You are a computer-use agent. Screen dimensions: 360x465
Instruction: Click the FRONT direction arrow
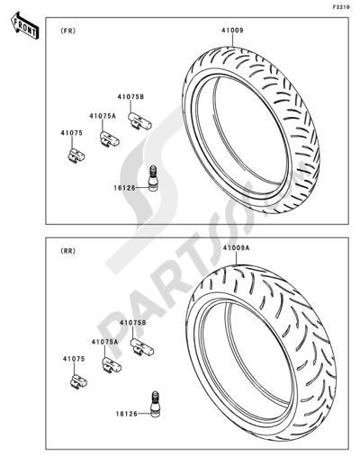(x=24, y=25)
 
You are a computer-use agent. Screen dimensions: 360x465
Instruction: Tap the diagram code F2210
(x=341, y=7)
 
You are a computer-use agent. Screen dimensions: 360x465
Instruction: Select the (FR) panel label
(x=68, y=31)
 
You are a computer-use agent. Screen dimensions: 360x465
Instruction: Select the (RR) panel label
(x=68, y=251)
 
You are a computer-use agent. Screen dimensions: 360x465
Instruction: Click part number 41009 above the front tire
(x=232, y=31)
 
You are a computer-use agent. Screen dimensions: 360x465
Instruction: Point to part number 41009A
(x=237, y=248)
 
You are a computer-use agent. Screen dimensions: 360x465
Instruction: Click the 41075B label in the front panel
(x=130, y=97)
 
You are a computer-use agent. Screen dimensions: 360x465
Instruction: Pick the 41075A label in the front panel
(x=103, y=116)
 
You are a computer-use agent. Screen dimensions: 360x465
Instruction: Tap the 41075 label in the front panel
(x=71, y=133)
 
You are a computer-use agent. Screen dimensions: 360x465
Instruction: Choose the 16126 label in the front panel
(x=124, y=188)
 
